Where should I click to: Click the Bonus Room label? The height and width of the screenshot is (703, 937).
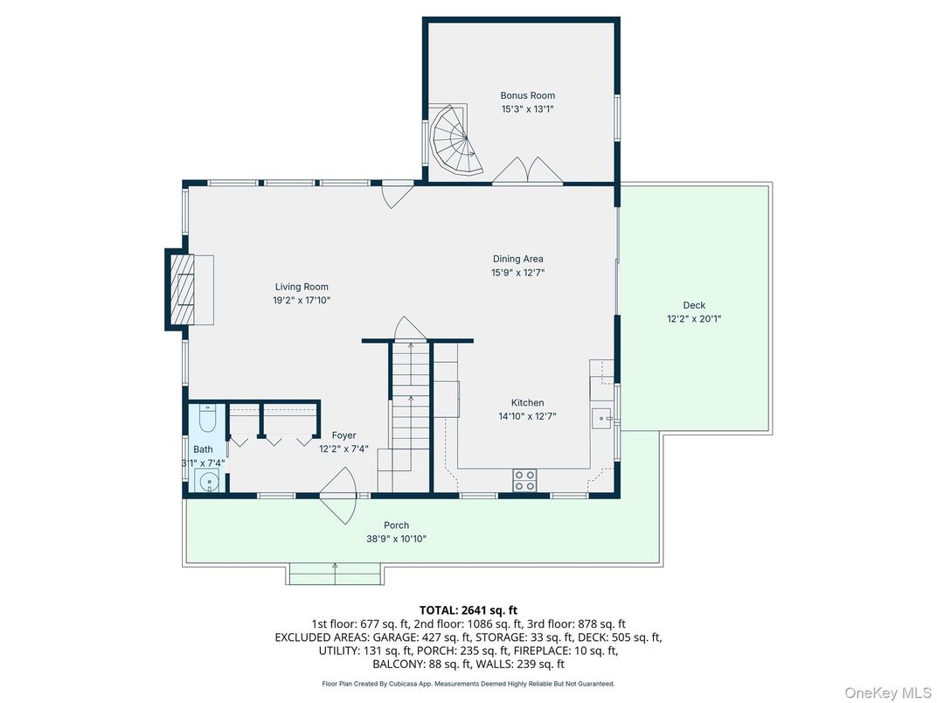[x=527, y=95]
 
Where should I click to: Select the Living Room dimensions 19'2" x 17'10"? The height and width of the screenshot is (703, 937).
[x=302, y=300]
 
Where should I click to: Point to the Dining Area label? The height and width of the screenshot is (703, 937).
[x=517, y=259]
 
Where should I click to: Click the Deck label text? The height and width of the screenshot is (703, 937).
[x=694, y=305]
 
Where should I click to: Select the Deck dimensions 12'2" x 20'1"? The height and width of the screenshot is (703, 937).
[x=694, y=319]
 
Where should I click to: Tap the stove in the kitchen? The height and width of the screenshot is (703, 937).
[x=524, y=480]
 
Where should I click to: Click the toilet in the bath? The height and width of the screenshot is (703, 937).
[x=207, y=421]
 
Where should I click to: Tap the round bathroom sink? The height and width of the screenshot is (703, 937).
[x=207, y=481]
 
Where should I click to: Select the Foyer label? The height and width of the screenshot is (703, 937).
[x=344, y=435]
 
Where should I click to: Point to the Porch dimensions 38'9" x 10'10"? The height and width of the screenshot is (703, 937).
[x=396, y=539]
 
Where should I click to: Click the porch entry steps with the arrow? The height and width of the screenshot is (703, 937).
[x=335, y=574]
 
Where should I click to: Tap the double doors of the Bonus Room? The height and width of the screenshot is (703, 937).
[x=527, y=171]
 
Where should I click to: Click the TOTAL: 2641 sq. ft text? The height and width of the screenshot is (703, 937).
[x=468, y=610]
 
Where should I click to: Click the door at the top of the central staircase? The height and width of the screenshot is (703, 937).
[x=409, y=329]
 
